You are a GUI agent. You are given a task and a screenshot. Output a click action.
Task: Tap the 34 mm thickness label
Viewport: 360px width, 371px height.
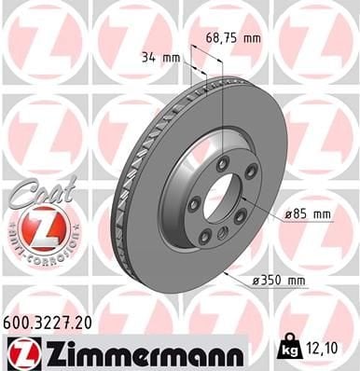point(159,58)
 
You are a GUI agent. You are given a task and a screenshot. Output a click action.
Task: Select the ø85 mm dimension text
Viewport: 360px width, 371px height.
point(308,213)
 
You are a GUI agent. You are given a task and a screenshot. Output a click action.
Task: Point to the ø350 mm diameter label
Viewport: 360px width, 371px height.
point(280,279)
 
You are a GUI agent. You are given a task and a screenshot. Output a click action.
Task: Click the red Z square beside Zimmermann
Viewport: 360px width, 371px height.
point(19,350)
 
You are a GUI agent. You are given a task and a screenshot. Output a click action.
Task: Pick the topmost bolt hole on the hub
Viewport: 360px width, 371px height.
point(223,164)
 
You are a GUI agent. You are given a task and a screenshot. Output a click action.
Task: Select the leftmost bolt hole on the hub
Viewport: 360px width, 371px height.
point(192,205)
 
